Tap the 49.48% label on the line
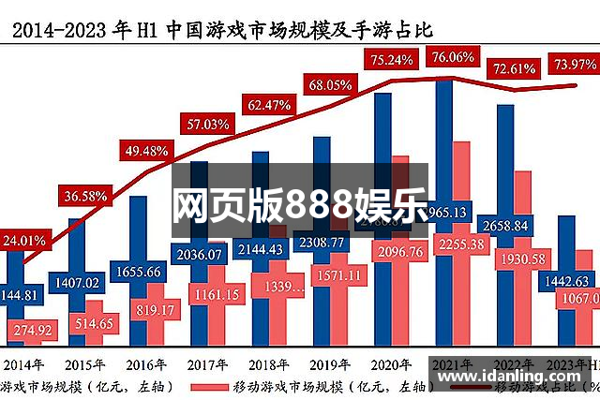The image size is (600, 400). tap(145, 150)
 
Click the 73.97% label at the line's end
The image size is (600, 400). tap(575, 64)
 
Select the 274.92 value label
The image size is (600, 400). tap(32, 330)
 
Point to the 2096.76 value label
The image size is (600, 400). tap(399, 251)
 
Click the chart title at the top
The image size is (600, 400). tap(221, 29)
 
